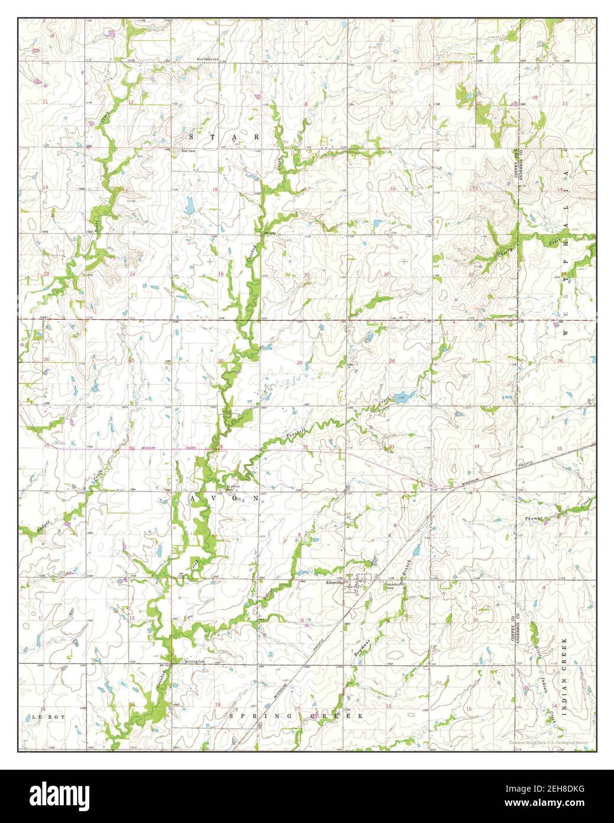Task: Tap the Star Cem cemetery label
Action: [x=188, y=151]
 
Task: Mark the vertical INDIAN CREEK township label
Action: [x=565, y=678]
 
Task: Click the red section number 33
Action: [x=392, y=446]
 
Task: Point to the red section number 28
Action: [x=392, y=361]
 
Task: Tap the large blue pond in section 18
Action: [x=190, y=205]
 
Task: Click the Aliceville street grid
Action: [x=358, y=584]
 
